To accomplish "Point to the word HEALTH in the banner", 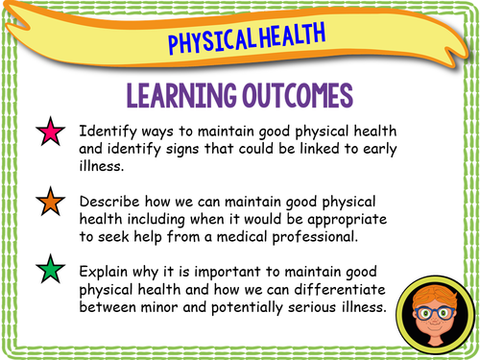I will point(287,36).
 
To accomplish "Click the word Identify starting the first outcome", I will point(112,129).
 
